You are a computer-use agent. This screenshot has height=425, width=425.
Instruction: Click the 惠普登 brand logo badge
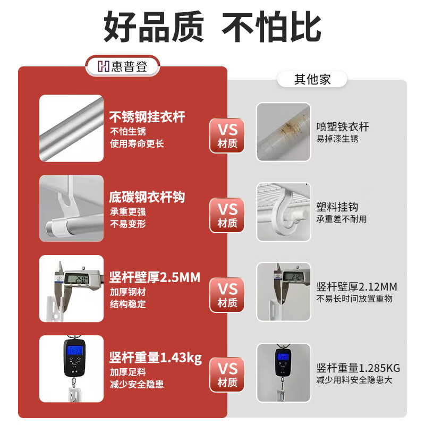(123, 66)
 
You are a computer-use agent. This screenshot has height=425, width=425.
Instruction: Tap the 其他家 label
(312, 79)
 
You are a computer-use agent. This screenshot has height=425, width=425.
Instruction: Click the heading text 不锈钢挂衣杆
(147, 117)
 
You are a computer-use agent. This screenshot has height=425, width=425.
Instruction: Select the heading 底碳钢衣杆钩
(147, 197)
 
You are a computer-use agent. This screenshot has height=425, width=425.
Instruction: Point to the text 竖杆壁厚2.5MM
(155, 277)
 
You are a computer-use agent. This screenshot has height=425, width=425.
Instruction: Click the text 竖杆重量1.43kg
(156, 358)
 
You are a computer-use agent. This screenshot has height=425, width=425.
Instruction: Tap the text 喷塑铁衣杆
(343, 127)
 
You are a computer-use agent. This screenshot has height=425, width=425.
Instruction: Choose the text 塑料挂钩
(337, 207)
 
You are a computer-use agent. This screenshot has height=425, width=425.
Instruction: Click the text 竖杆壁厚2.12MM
(356, 287)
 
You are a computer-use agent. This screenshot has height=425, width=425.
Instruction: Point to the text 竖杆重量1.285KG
(358, 368)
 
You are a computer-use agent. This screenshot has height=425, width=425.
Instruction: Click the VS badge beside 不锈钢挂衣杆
(227, 135)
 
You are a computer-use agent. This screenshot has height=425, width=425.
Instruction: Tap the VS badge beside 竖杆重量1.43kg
(227, 375)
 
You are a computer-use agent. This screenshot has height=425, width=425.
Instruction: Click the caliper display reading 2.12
(293, 277)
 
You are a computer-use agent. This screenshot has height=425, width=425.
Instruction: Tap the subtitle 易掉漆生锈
(337, 139)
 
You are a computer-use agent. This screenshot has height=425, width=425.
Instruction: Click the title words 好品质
(154, 27)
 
